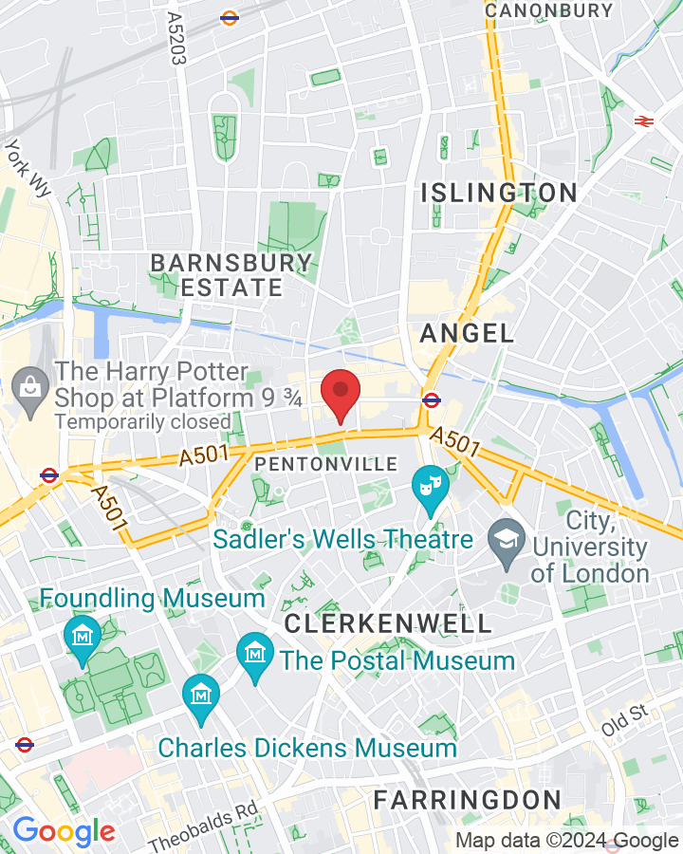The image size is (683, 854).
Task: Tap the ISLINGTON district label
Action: (499, 193)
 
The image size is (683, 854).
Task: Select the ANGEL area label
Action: (467, 333)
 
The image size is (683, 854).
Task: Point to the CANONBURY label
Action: (548, 10)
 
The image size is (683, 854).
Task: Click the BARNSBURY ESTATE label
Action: (231, 275)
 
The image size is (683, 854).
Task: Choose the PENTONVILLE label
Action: (325, 464)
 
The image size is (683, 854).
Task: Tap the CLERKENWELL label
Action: (388, 623)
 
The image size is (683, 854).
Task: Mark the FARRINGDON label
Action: (467, 799)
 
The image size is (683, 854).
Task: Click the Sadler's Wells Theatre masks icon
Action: (430, 487)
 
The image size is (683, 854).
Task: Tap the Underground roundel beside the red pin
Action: (431, 399)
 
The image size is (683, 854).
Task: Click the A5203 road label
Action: (175, 38)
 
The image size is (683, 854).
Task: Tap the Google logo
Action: (64, 832)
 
